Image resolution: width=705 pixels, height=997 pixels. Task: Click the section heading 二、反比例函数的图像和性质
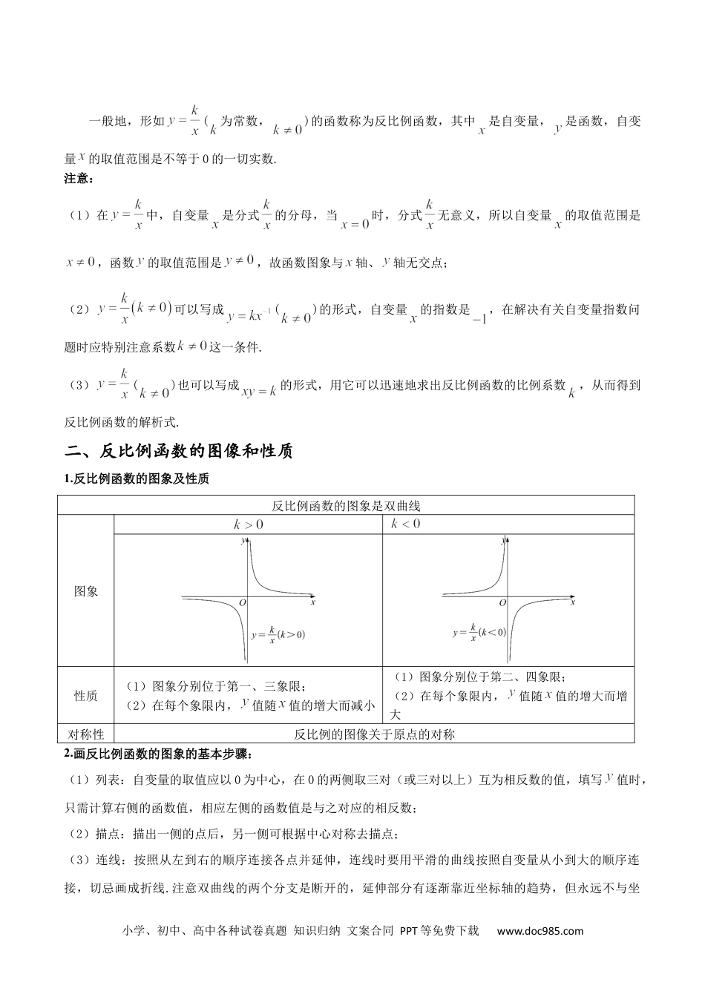coord(179,451)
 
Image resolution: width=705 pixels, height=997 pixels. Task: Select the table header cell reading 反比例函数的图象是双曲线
coord(346,506)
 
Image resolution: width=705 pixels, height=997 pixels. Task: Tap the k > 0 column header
coord(249,524)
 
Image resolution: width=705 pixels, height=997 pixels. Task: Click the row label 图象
coord(86,591)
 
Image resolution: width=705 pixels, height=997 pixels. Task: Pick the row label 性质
coord(86,696)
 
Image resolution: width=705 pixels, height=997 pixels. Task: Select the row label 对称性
coord(86,734)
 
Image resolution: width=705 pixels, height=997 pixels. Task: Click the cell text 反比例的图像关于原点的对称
coord(374,734)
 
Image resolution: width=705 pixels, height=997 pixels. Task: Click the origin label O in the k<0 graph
coord(502,602)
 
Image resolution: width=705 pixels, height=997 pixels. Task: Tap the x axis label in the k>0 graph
coord(313,603)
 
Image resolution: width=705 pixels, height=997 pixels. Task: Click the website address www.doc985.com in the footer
coord(540,931)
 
